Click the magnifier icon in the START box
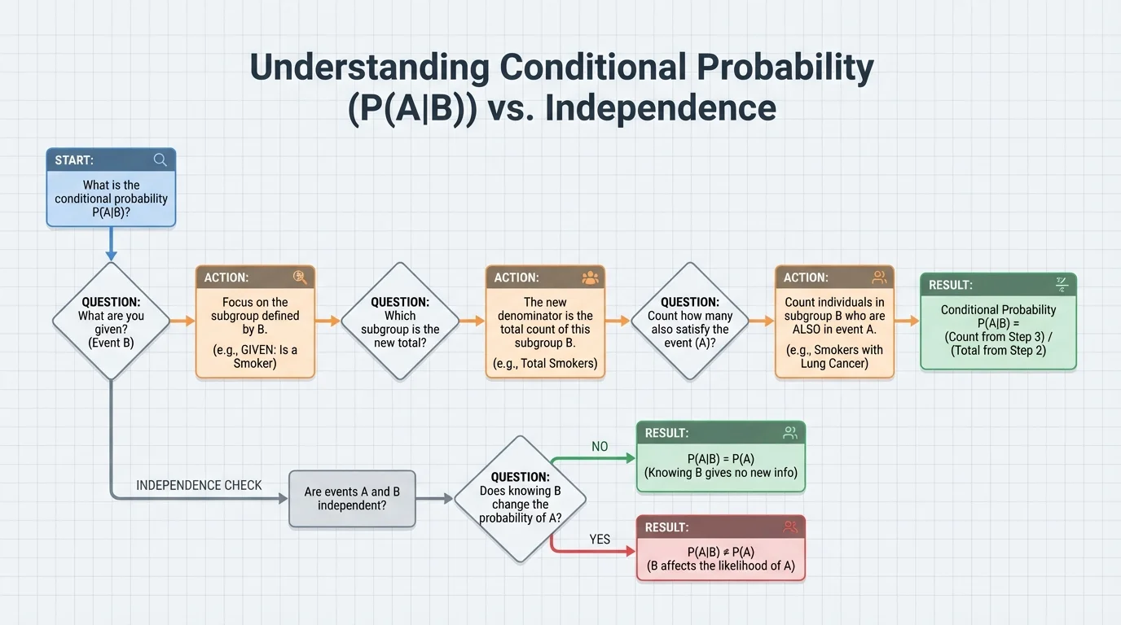160,160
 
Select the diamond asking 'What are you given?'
111,321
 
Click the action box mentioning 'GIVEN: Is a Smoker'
255,322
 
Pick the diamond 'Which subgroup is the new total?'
400,321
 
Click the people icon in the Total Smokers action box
590,278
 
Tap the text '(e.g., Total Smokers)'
545,363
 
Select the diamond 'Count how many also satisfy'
690,321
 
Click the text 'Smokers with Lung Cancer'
834,356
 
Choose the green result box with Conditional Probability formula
998,322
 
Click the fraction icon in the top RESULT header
1062,285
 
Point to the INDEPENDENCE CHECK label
199,485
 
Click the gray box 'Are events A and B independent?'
352,499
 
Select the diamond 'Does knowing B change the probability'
520,499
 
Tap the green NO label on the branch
600,447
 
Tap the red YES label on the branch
600,540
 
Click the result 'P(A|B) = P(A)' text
720,459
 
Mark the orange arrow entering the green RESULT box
906,321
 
